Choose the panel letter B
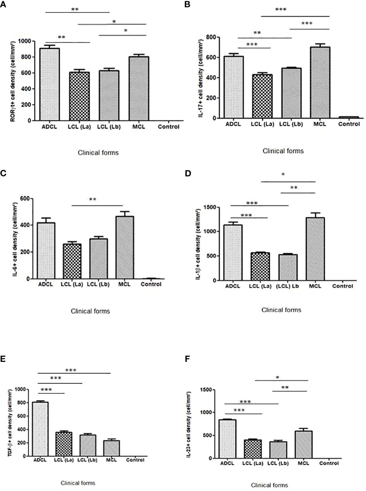click(187, 4)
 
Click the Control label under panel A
click(168, 127)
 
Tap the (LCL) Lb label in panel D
click(287, 286)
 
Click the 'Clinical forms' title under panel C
click(90, 311)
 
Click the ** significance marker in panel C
click(93, 200)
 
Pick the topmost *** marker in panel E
click(71, 371)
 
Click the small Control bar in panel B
click(349, 117)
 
